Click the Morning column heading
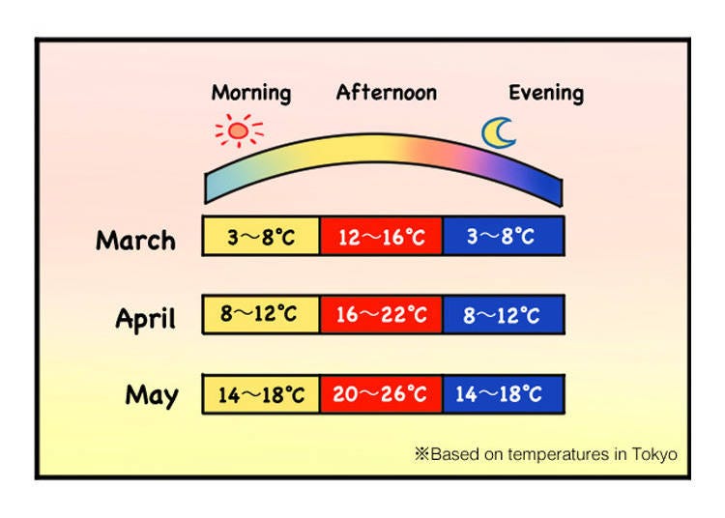pyautogui.click(x=251, y=94)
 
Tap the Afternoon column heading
pyautogui.click(x=387, y=93)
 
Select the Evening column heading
pyautogui.click(x=546, y=94)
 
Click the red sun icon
pyautogui.click(x=239, y=130)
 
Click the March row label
pyautogui.click(x=135, y=241)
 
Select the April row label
pyautogui.click(x=146, y=319)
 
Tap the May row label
pyautogui.click(x=152, y=395)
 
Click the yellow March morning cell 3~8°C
pyautogui.click(x=261, y=236)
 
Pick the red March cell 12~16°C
pyautogui.click(x=381, y=236)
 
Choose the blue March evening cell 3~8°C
pyautogui.click(x=504, y=236)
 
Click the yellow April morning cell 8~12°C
pyautogui.click(x=261, y=314)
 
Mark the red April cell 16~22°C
pyautogui.click(x=381, y=314)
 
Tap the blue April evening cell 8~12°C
pyautogui.click(x=504, y=314)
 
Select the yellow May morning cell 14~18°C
pyautogui.click(x=261, y=394)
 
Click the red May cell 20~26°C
pyautogui.click(x=381, y=394)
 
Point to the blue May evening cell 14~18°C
pyautogui.click(x=504, y=394)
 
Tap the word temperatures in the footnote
pyautogui.click(x=558, y=454)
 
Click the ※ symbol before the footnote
pyautogui.click(x=421, y=454)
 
